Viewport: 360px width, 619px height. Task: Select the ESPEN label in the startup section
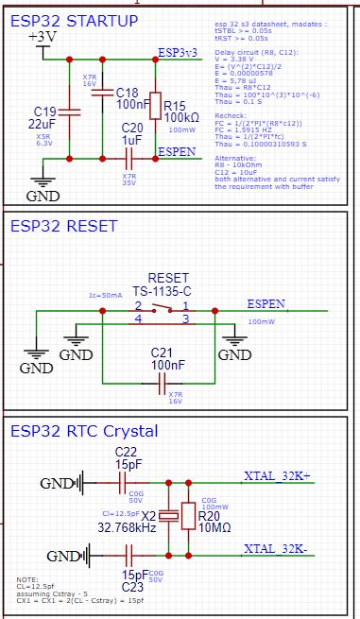tap(177, 151)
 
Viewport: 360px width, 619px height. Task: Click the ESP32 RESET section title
tap(63, 227)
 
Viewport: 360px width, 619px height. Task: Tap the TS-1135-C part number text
tap(163, 292)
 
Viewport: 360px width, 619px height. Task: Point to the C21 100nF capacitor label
tap(169, 357)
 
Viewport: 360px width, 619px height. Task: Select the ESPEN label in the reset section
tap(265, 304)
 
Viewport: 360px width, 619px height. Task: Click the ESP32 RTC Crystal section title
tap(84, 432)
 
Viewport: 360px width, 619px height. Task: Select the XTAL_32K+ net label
tap(283, 475)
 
